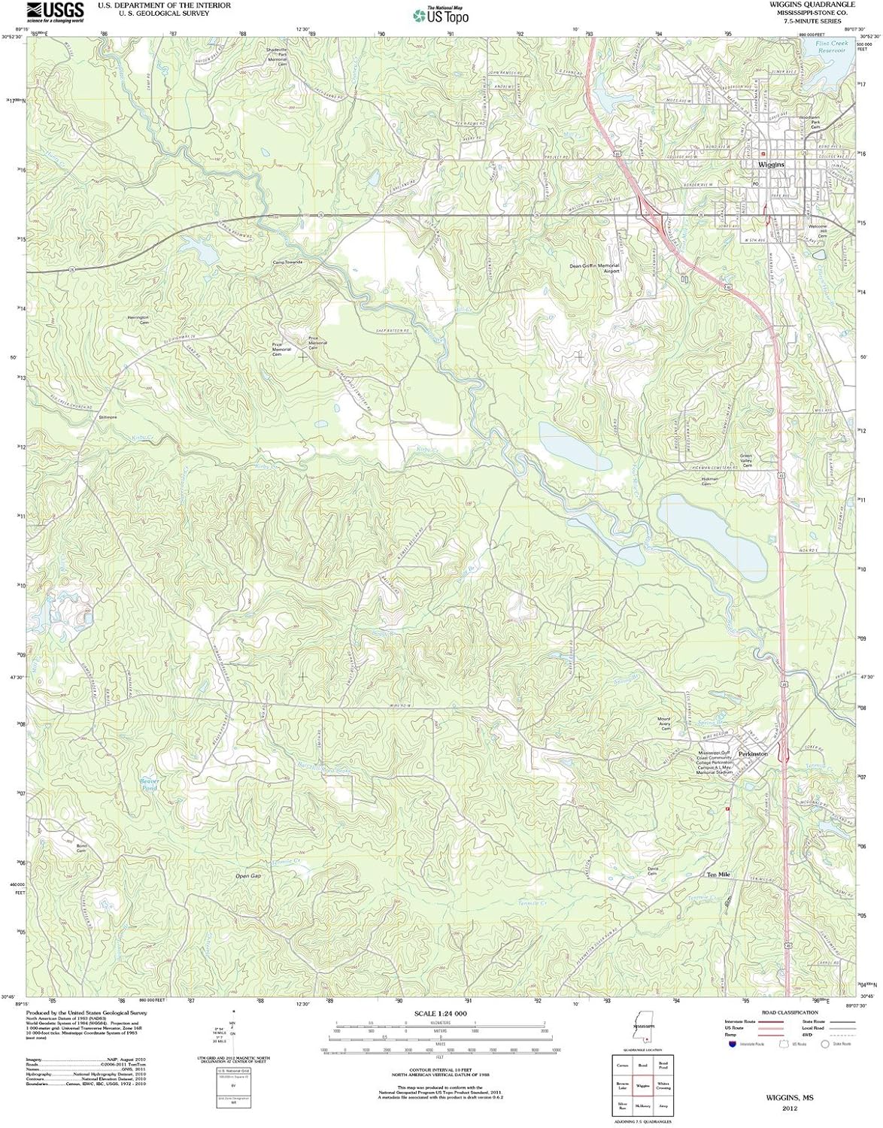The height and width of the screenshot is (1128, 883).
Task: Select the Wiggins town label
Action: (771, 164)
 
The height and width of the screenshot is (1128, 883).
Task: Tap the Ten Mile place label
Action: (718, 875)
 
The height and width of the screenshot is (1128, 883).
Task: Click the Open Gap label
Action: (247, 877)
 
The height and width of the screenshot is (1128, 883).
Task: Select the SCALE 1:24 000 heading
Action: (441, 1014)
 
